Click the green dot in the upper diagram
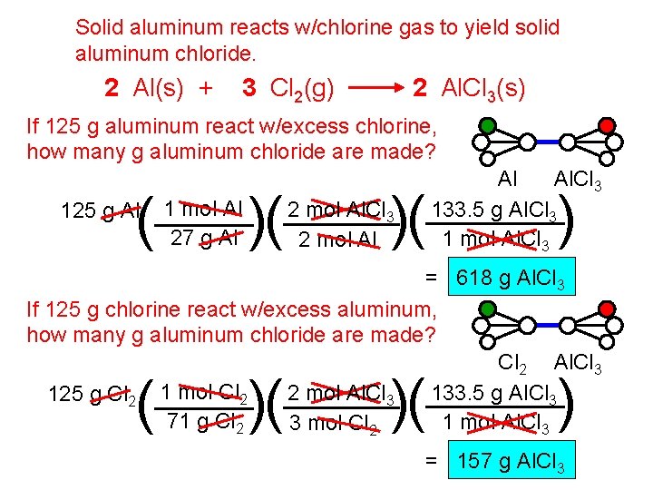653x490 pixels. (488, 125)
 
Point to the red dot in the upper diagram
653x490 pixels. (607, 125)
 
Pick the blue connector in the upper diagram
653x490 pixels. (547, 142)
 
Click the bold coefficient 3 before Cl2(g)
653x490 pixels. (249, 88)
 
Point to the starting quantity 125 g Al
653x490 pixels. (101, 212)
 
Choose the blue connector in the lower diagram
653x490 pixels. (547, 324)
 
